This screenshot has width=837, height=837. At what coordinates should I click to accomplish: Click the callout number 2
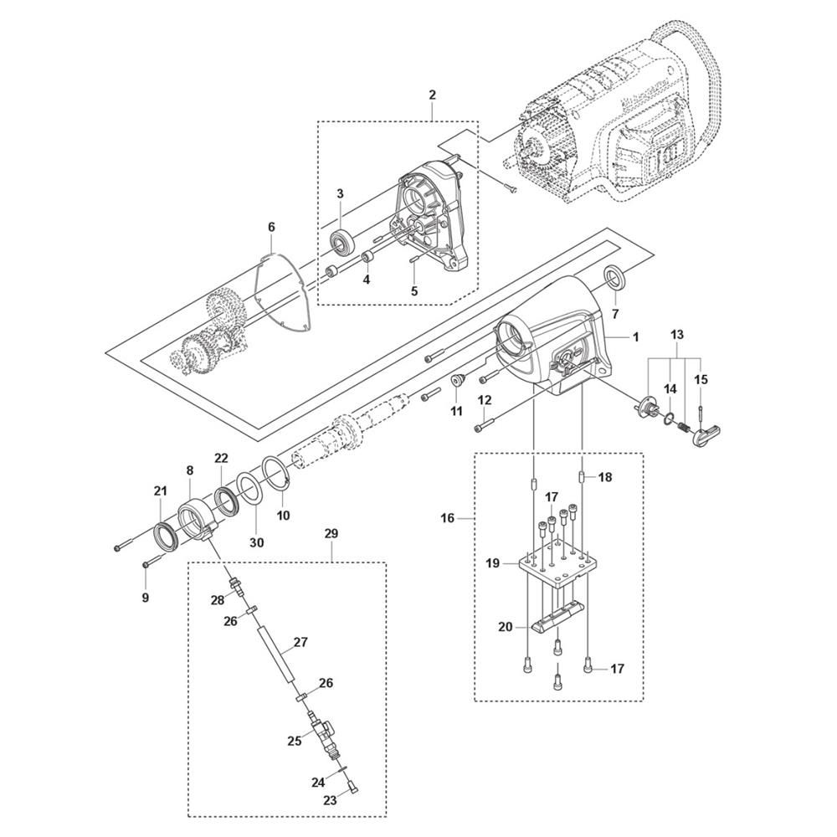click(432, 95)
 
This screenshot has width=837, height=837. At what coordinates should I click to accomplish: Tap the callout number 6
click(271, 228)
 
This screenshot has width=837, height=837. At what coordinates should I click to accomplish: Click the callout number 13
click(676, 336)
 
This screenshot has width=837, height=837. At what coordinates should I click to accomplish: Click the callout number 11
click(456, 412)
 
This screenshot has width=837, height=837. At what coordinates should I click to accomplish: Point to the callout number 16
click(447, 518)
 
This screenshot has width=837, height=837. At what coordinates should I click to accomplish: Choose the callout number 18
click(605, 477)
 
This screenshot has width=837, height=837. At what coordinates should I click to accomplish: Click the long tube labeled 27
click(275, 655)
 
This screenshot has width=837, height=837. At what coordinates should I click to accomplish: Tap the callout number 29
click(331, 533)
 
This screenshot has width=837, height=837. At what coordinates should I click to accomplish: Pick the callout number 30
click(257, 543)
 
